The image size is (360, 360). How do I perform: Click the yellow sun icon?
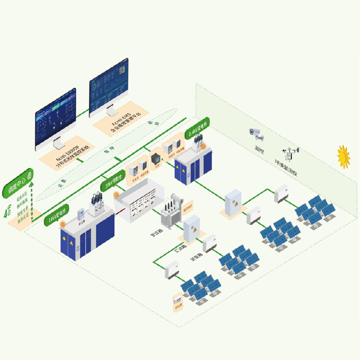[x=343, y=156]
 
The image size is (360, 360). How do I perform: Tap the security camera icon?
[x=256, y=133]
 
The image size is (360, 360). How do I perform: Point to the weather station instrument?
[x=290, y=154]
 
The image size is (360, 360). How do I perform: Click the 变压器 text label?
[x=156, y=235]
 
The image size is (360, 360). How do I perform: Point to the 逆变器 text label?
[x=197, y=258]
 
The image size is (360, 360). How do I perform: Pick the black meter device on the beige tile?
[x=156, y=159]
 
